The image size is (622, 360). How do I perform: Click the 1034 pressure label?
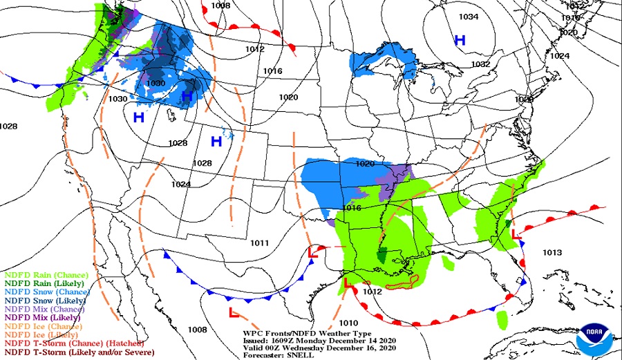coord(469,17)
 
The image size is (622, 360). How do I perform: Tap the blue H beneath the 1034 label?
coord(460,41)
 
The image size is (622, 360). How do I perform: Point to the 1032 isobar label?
coord(480,64)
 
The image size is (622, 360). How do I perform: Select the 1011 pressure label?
coord(260,243)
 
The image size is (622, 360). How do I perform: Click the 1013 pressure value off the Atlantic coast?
coord(552,252)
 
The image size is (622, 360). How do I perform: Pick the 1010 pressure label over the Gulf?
coord(349,323)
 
